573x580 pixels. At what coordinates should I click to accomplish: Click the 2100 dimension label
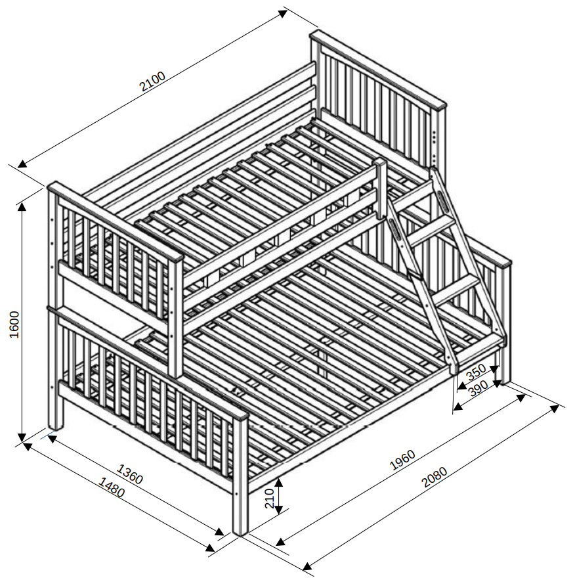152,81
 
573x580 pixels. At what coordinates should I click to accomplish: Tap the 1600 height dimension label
14,324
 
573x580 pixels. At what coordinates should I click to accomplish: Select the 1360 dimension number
129,474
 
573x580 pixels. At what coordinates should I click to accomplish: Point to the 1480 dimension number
112,487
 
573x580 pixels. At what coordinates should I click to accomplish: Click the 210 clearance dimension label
270,499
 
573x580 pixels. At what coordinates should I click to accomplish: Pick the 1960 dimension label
402,460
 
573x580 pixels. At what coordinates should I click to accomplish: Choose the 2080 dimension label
435,477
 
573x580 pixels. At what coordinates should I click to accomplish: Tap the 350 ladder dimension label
476,372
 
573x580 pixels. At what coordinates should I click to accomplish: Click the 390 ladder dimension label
478,388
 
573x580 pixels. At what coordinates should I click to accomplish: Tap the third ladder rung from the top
456,290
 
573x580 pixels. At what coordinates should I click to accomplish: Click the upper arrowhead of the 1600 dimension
22,207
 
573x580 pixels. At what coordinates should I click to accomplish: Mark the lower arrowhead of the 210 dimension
279,510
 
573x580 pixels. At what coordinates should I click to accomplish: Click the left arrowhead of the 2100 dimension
22,164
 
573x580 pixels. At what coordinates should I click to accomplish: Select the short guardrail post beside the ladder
381,189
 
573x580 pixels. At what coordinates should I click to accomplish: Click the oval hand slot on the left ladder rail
394,231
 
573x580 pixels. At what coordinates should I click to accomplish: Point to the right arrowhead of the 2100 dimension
283,13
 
